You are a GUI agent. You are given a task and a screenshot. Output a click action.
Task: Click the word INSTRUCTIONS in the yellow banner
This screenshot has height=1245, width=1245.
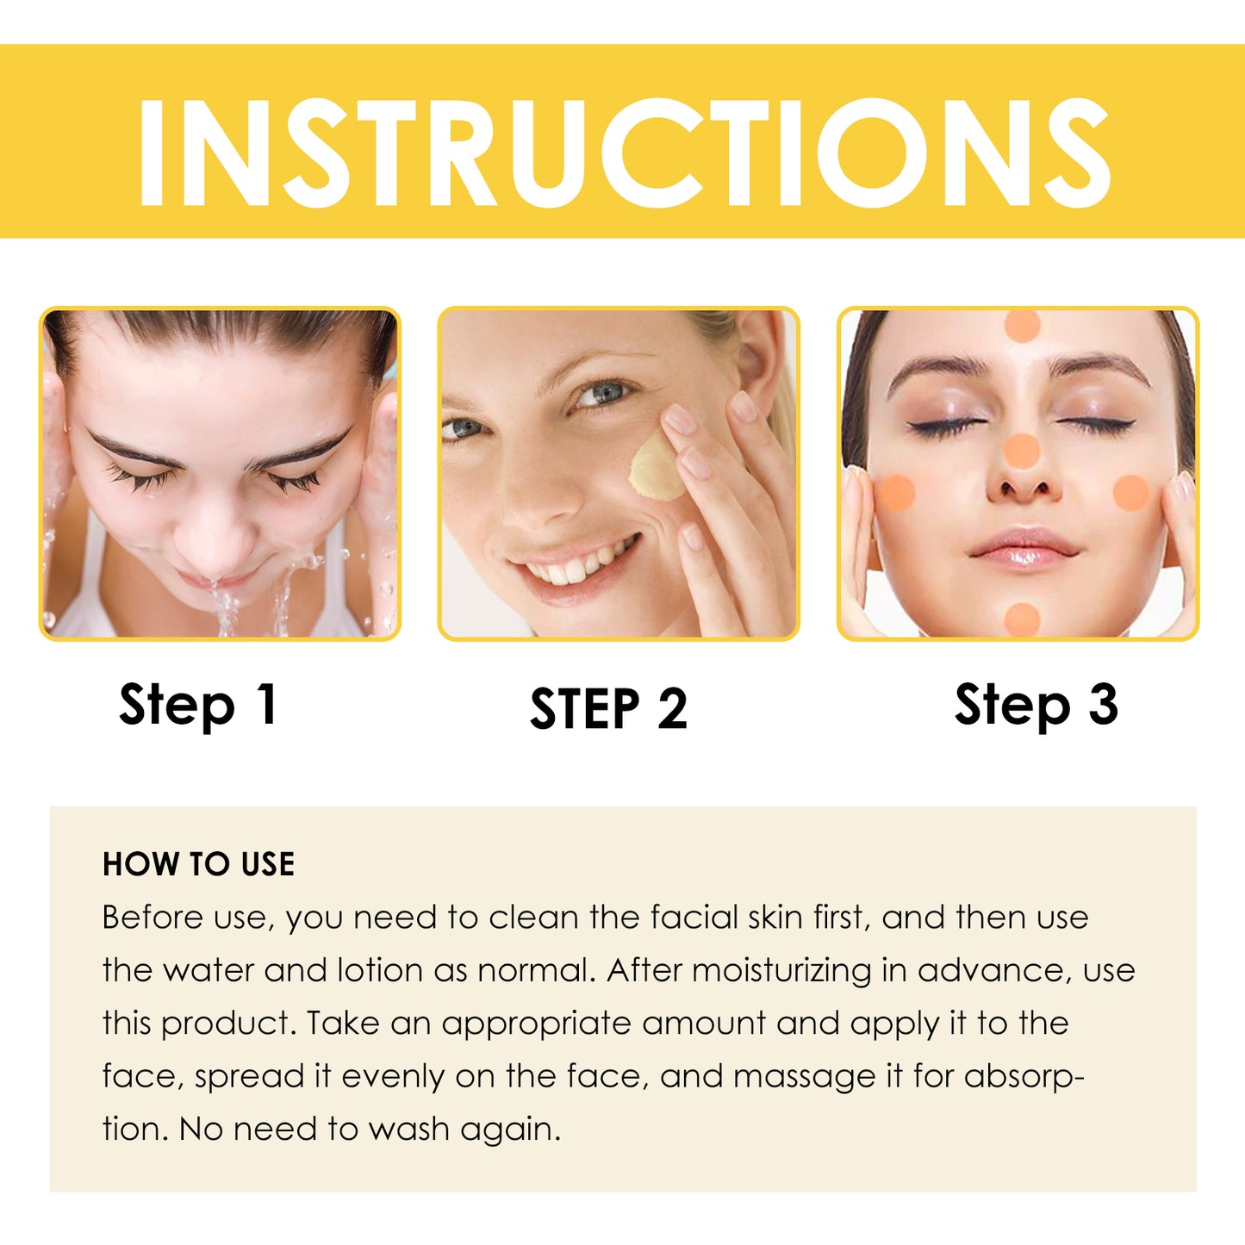tap(622, 153)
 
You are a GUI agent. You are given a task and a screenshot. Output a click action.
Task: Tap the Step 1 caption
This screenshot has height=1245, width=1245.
tap(198, 705)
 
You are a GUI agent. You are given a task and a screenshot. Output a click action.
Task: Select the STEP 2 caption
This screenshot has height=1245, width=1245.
tap(608, 709)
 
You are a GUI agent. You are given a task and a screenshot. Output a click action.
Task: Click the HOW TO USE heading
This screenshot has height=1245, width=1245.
tap(198, 864)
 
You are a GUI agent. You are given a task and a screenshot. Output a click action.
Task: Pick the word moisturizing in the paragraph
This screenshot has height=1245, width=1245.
tap(781, 971)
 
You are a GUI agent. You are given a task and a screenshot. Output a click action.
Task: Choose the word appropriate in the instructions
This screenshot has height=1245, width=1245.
tap(535, 1024)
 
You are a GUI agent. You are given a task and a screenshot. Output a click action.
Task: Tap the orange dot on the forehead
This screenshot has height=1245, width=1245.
tap(1023, 325)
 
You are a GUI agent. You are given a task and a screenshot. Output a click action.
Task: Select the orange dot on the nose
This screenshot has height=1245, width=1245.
tap(1023, 451)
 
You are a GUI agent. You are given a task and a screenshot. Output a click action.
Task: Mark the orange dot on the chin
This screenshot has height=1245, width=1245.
tap(1023, 619)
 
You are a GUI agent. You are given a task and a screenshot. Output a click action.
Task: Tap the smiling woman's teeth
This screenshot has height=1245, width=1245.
tap(582, 564)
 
